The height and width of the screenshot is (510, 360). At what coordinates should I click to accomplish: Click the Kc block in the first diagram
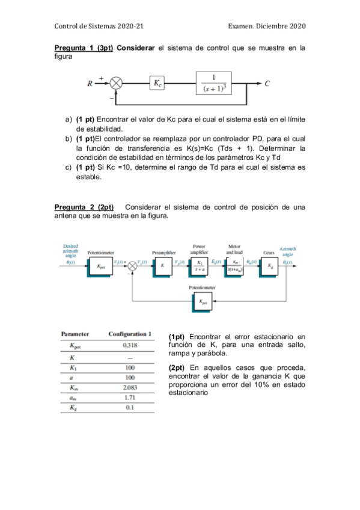(157, 84)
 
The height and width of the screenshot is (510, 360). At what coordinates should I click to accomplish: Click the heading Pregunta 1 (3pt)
(84, 48)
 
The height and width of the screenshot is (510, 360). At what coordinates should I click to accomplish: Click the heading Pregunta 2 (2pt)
(84, 207)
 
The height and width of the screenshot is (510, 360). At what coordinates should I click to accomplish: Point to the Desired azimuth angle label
(70, 251)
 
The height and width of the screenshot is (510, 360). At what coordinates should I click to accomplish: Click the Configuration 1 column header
(130, 334)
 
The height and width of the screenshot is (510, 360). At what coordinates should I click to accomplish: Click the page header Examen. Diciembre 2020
(267, 26)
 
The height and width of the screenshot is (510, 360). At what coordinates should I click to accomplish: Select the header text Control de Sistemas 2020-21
(99, 26)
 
